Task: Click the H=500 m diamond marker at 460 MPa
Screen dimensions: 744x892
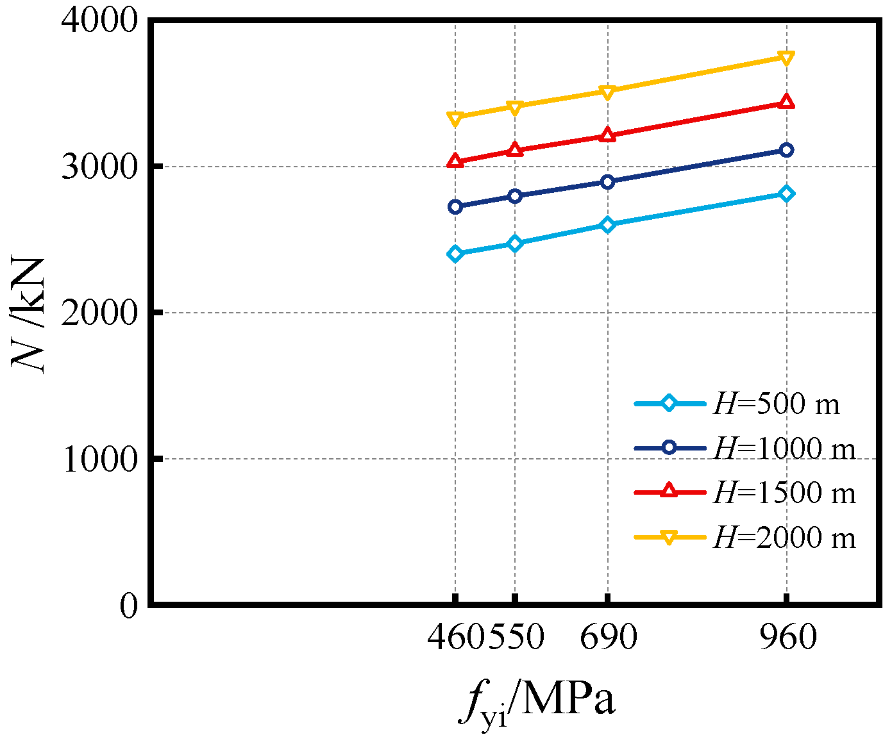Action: [x=455, y=254]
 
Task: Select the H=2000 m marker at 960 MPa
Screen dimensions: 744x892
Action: [x=786, y=58]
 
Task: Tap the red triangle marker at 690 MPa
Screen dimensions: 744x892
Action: [x=607, y=135]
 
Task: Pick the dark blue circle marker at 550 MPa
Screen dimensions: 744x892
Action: [x=515, y=195]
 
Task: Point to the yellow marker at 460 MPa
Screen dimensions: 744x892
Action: [x=455, y=118]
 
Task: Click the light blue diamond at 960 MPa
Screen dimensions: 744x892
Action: [x=786, y=194]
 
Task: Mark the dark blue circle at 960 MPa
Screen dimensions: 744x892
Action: [x=786, y=150]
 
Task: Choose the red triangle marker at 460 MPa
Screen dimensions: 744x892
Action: [x=455, y=161]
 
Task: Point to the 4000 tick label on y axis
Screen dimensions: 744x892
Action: [x=99, y=21]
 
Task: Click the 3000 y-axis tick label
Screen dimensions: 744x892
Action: [x=99, y=167]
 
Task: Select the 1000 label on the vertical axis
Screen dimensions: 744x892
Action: [x=99, y=459]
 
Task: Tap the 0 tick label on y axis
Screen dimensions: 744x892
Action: [x=128, y=605]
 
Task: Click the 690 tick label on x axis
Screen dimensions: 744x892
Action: [x=608, y=638]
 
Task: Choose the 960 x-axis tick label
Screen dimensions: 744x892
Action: [x=787, y=638]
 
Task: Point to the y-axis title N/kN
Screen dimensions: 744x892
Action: [x=29, y=314]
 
